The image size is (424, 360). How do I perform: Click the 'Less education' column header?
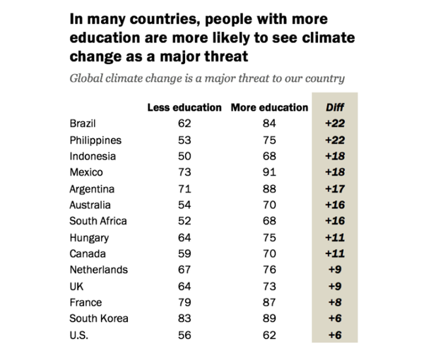tap(184, 108)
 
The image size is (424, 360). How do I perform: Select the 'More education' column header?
tap(269, 108)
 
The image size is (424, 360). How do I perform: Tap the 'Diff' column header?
tap(335, 108)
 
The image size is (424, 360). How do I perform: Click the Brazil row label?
tap(83, 124)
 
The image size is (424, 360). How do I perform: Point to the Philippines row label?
tap(95, 140)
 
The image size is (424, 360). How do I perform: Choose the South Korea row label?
tap(99, 318)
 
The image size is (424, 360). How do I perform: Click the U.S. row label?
tap(81, 335)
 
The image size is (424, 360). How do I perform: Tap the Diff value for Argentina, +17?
tap(335, 189)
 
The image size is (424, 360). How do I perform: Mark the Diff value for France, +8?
tap(335, 302)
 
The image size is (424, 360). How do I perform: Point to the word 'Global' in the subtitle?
tap(86, 77)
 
